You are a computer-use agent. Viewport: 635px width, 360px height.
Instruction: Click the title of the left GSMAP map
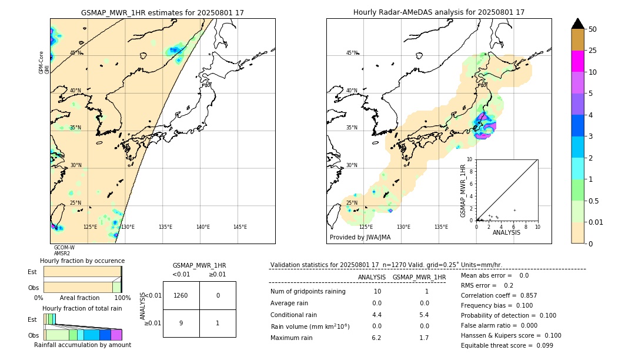pyautogui.click(x=162, y=12)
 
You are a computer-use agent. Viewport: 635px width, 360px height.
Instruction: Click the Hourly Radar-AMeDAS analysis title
pyautogui.click(x=439, y=12)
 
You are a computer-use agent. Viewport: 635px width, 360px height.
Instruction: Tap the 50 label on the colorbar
pyautogui.click(x=593, y=29)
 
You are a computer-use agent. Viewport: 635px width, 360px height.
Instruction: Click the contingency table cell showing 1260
pyautogui.click(x=181, y=295)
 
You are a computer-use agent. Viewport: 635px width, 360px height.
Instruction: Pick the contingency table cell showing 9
pyautogui.click(x=181, y=323)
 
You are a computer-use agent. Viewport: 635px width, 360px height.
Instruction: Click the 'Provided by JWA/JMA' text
pyautogui.click(x=360, y=238)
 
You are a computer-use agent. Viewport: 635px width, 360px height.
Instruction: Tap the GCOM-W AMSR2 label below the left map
pyautogui.click(x=64, y=251)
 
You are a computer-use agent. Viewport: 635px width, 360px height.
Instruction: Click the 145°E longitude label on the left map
pyautogui.click(x=240, y=227)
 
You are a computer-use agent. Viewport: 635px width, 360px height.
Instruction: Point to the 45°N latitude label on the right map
pyautogui.click(x=352, y=54)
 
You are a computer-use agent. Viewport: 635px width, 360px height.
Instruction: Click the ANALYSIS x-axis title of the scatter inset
pyautogui.click(x=506, y=232)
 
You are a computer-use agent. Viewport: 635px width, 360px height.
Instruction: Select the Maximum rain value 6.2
pyautogui.click(x=377, y=338)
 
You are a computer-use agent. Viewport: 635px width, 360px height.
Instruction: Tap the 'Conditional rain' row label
pyautogui.click(x=295, y=315)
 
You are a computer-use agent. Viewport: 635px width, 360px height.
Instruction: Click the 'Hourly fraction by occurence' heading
pyautogui.click(x=82, y=261)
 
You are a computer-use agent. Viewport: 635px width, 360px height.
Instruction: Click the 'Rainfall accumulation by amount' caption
pyautogui.click(x=82, y=345)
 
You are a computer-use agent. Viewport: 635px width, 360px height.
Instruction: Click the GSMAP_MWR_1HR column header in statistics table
pyautogui.click(x=419, y=277)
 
